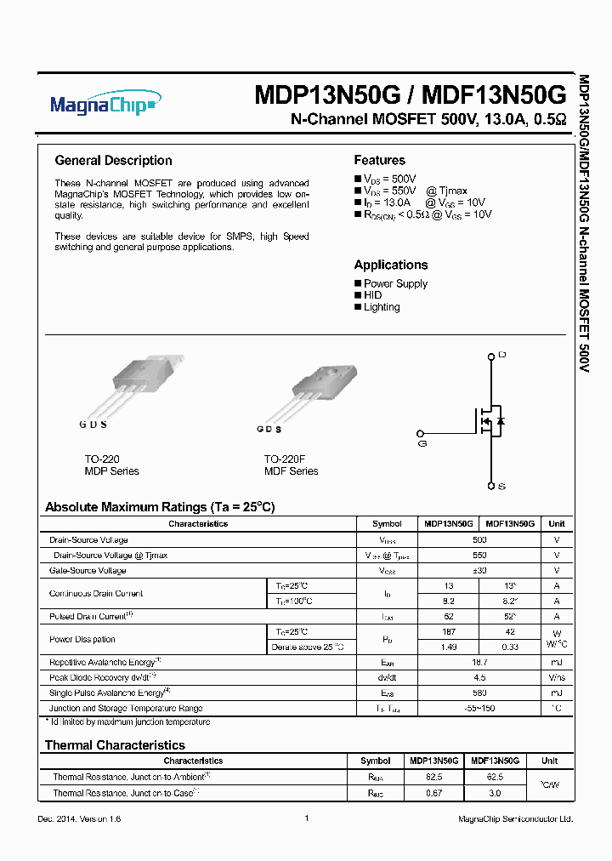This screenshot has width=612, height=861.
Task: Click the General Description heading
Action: [113, 161]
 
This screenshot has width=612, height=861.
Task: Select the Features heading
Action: [379, 160]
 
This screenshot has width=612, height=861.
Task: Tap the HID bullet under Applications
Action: [372, 295]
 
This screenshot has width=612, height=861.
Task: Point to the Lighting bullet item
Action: [381, 307]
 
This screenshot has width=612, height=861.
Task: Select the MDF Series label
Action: [291, 471]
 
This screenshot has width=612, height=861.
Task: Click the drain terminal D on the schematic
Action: [501, 354]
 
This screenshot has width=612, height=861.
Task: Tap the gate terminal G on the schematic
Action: [422, 443]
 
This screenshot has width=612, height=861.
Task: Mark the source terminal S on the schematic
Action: [501, 486]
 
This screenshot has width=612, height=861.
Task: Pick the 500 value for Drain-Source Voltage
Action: [479, 540]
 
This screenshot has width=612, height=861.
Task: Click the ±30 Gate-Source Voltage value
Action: [479, 570]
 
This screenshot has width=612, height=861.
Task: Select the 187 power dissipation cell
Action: [449, 632]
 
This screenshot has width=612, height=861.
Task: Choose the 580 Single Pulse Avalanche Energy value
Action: [479, 693]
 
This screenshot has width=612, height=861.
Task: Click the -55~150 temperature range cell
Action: [479, 708]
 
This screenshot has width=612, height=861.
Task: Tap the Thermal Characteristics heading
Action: [114, 745]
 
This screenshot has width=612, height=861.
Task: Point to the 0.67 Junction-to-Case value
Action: [434, 792]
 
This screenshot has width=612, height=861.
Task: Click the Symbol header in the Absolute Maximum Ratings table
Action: [387, 524]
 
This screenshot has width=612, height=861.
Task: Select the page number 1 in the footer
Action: [306, 818]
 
